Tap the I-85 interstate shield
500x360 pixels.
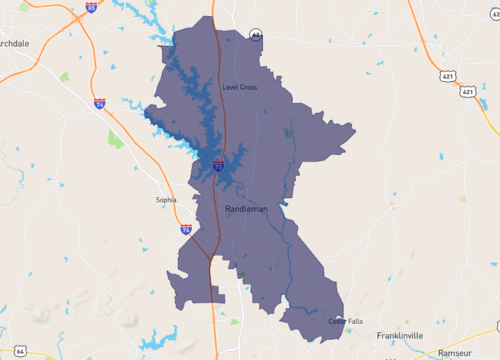[x=92, y=7]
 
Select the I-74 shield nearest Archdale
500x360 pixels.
[x=99, y=103]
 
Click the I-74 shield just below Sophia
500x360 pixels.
[x=186, y=229]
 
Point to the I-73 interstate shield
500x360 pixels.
[x=217, y=166]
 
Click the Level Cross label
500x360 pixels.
[x=240, y=88]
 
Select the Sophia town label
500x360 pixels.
[x=166, y=199]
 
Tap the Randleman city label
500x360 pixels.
[x=247, y=209]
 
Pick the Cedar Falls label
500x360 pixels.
[x=344, y=321]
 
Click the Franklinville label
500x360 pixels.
[x=400, y=335]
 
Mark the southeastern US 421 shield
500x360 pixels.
[x=468, y=92]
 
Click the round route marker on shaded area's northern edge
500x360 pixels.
[x=256, y=34]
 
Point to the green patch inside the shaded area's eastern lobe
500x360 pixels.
[x=290, y=131]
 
